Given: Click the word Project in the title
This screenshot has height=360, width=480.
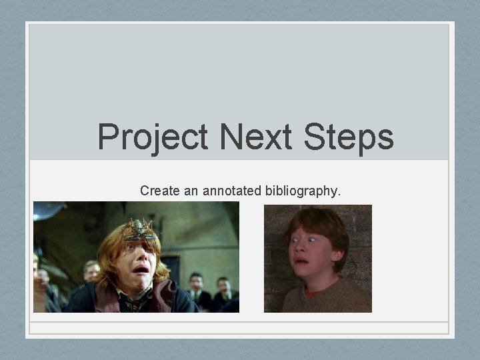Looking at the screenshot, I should click(153, 137).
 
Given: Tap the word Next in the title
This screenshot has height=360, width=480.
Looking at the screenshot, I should click(256, 137).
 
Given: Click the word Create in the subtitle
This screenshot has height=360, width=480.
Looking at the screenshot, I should click(159, 191).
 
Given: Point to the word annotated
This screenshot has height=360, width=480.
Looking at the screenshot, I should click(230, 191).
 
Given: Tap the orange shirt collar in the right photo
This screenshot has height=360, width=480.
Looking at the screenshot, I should click(313, 291).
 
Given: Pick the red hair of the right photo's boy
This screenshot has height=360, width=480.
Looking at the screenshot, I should click(320, 220).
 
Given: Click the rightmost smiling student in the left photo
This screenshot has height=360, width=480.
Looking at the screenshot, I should click(225, 288).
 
